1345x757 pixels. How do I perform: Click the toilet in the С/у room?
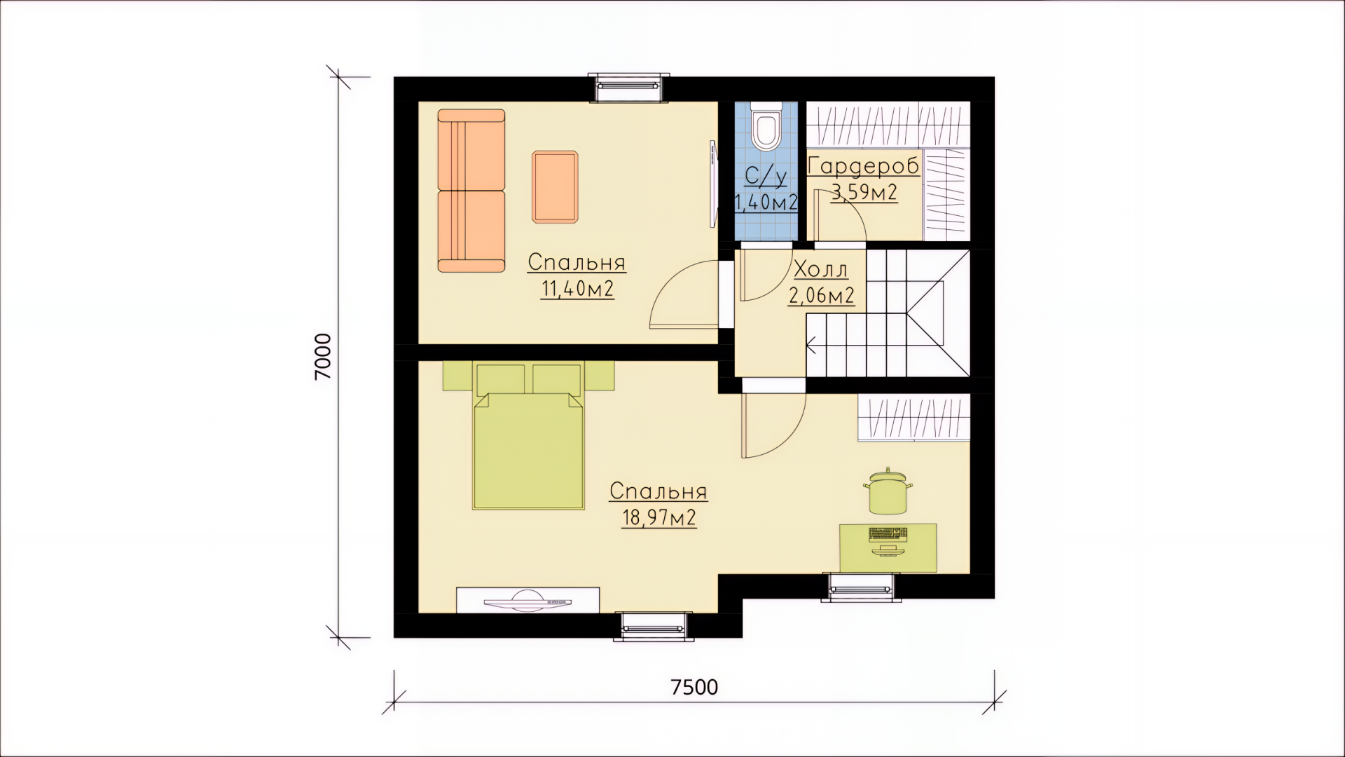[x=765, y=127]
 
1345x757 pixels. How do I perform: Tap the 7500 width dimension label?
[x=694, y=687]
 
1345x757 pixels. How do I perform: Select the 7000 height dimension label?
[x=323, y=357]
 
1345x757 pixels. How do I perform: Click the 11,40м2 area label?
[x=577, y=289]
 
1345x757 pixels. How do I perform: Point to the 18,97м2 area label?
[x=658, y=517]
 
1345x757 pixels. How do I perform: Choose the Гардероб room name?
[x=864, y=167]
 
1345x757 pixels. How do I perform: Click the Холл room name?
[x=820, y=269]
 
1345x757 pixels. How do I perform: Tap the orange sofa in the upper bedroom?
[x=471, y=191]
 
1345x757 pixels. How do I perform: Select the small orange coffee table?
[x=555, y=186]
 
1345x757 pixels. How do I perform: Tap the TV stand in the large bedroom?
[x=527, y=600]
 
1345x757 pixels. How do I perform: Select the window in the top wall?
[x=628, y=88]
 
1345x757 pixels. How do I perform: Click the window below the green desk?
[x=861, y=587]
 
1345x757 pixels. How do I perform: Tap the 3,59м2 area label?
[x=864, y=192]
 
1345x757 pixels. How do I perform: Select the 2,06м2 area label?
[x=822, y=296]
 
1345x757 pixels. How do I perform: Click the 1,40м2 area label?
[x=766, y=202]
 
